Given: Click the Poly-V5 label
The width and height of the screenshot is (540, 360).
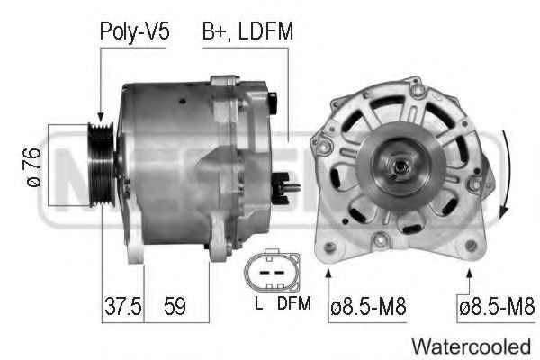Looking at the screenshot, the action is click(x=134, y=32).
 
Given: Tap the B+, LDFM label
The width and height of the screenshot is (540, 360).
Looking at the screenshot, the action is click(x=247, y=31).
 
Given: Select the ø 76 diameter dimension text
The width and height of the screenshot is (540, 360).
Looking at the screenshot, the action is click(x=34, y=167).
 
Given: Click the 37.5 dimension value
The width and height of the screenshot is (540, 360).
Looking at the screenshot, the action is click(x=123, y=306).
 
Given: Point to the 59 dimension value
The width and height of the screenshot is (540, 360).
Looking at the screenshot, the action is click(x=175, y=306).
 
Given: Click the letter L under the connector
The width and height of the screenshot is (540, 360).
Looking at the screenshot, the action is click(x=258, y=303).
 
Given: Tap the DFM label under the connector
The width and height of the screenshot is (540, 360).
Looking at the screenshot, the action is click(x=294, y=303).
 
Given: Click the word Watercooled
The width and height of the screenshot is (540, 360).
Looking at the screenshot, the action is click(x=471, y=346).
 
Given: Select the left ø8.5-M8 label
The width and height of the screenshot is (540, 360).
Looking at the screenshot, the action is click(x=368, y=307).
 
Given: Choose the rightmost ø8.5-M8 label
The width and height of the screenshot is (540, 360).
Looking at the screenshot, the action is click(x=497, y=307).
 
